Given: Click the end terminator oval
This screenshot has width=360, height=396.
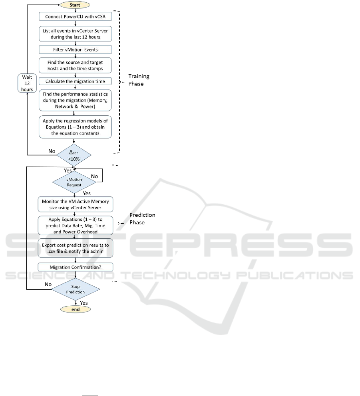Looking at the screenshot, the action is pos(75,309).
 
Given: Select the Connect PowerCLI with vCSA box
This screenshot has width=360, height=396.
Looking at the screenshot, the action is pos(75,17).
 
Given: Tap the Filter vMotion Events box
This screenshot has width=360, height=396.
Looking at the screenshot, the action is pos(75,49).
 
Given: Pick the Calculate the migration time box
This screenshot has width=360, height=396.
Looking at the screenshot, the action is pos(75,81).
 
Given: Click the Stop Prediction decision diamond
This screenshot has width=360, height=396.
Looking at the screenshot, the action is pos(75,289).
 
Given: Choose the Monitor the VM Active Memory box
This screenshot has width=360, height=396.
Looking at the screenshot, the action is pos(75,204).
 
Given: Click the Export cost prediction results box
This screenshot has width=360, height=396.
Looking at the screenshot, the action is pos(75,247).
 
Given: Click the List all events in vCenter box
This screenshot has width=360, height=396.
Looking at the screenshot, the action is pos(75,33).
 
